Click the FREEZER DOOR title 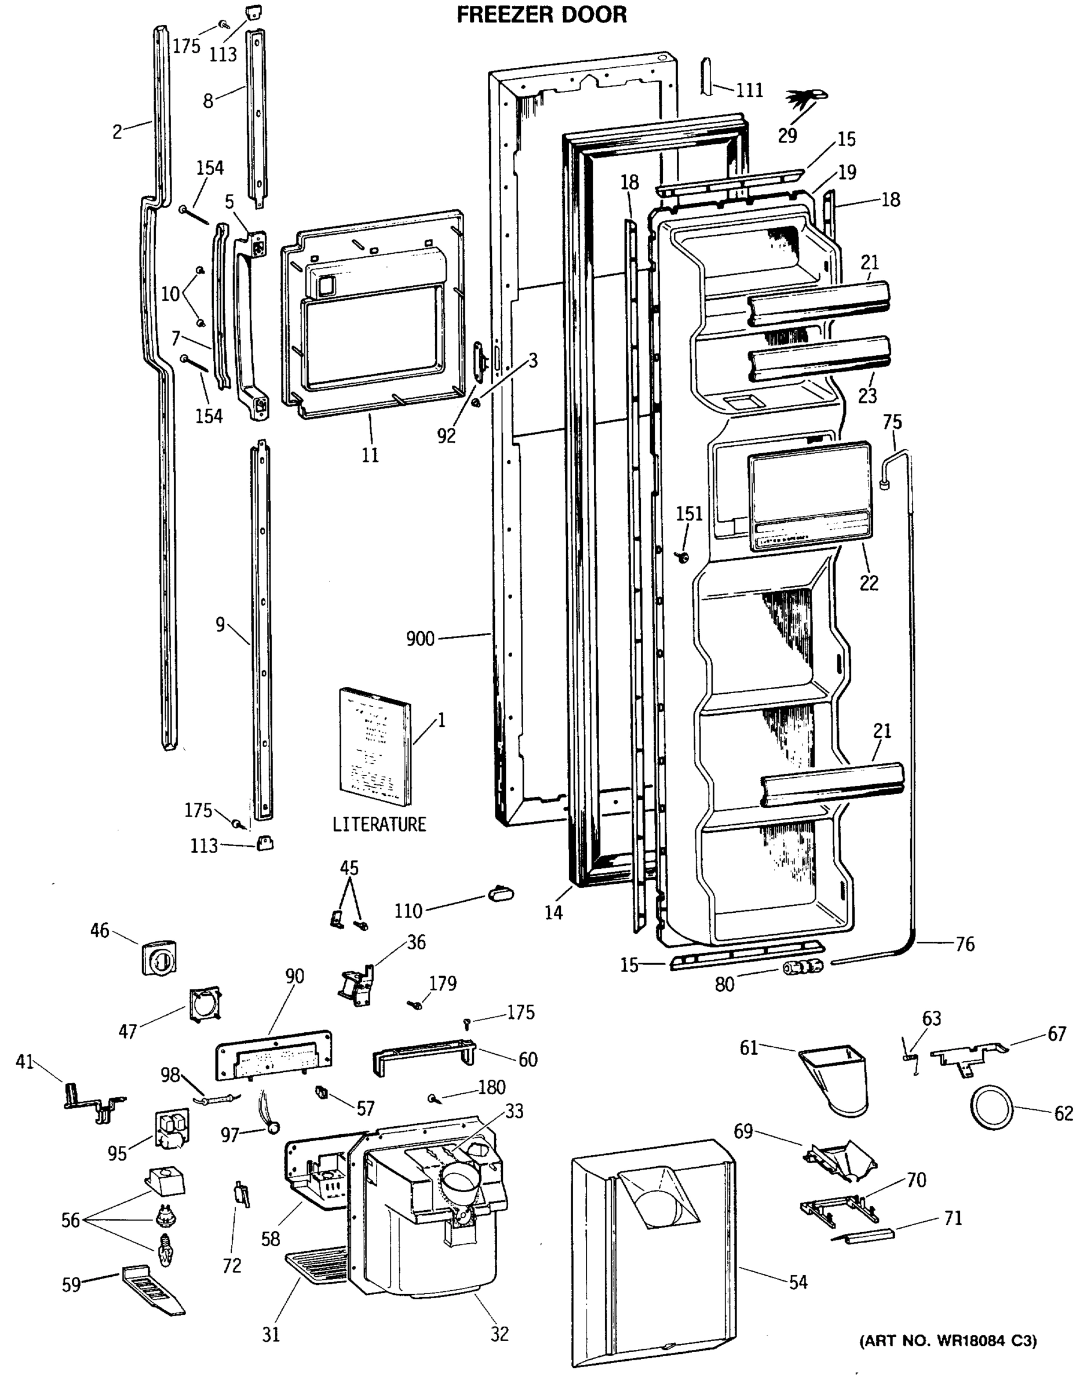541,14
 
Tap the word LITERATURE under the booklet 379,824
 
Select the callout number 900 420,638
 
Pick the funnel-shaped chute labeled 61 834,1080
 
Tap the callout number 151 689,514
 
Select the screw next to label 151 683,558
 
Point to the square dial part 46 159,957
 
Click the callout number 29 787,136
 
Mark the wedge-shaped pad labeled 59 152,1289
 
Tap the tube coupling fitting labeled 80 802,967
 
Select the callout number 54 798,1282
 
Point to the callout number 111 750,90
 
